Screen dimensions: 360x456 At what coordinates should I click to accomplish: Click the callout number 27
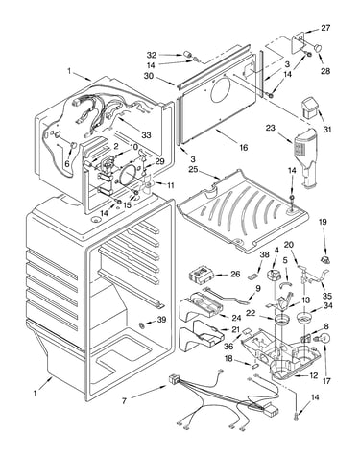[325, 28]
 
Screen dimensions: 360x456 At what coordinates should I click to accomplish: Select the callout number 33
[146, 135]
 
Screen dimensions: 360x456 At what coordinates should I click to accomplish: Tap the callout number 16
[244, 148]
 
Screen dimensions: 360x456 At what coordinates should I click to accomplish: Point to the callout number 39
[161, 320]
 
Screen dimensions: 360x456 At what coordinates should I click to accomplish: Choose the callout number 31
[327, 130]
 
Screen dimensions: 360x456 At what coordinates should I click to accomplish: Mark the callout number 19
[323, 222]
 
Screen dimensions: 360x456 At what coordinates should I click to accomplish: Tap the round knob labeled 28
[318, 48]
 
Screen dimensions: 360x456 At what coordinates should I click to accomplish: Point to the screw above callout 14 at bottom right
[296, 416]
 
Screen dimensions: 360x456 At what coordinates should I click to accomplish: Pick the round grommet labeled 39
[141, 325]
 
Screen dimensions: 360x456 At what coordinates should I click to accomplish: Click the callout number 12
[314, 375]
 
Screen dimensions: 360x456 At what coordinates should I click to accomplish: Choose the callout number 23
[270, 128]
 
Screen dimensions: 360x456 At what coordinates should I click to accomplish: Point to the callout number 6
[67, 164]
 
